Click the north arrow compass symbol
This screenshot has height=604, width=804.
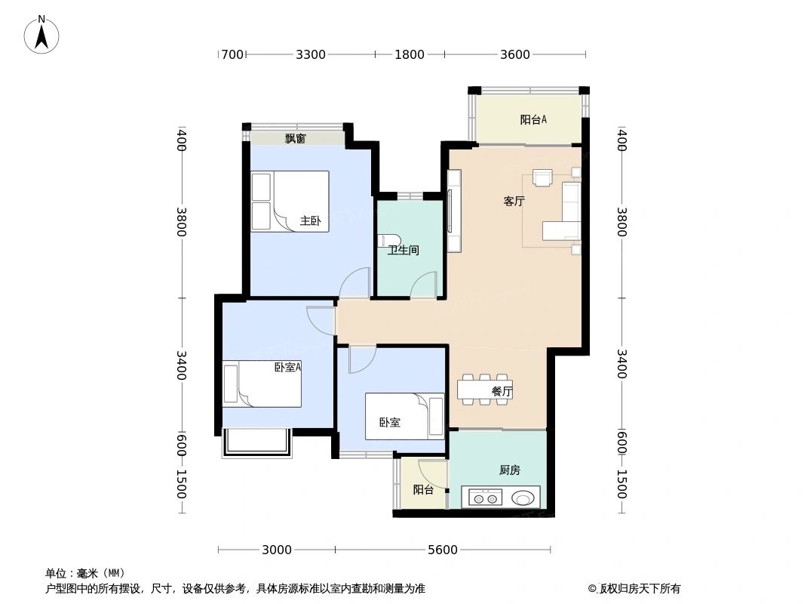pyautogui.click(x=41, y=34)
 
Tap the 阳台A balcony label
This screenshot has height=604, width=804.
pyautogui.click(x=532, y=119)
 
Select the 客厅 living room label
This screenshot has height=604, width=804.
pyautogui.click(x=514, y=202)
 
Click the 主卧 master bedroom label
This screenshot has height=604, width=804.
pyautogui.click(x=310, y=221)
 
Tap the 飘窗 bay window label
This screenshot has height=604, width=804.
pyautogui.click(x=295, y=139)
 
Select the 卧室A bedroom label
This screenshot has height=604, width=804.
pyautogui.click(x=287, y=368)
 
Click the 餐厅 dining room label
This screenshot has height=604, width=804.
pyautogui.click(x=502, y=392)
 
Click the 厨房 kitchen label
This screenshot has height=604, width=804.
pyautogui.click(x=509, y=470)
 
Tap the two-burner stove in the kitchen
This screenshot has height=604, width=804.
pyautogui.click(x=484, y=498)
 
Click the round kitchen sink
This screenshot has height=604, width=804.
pyautogui.click(x=523, y=498)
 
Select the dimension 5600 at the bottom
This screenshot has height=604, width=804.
pyautogui.click(x=443, y=550)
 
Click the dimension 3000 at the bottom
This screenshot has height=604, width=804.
pyautogui.click(x=277, y=550)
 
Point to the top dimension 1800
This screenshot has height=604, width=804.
pyautogui.click(x=410, y=54)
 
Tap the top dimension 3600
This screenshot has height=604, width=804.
pyautogui.click(x=515, y=54)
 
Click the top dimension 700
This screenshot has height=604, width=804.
pyautogui.click(x=232, y=54)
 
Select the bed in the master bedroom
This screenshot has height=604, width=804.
pyautogui.click(x=299, y=201)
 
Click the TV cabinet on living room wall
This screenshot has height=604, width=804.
pyautogui.click(x=453, y=211)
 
